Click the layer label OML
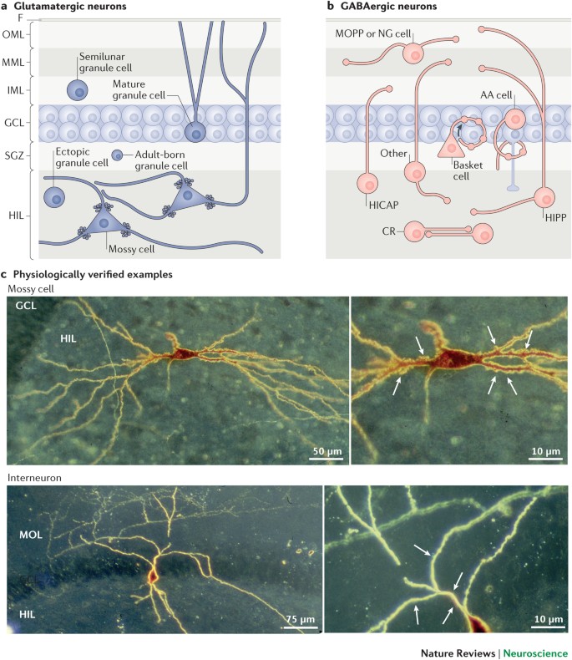[x=16, y=34]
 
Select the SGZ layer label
[x=16, y=155]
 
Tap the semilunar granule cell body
[x=80, y=91]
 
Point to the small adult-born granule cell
[x=117, y=155]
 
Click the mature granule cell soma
[x=195, y=130]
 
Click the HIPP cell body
[x=545, y=198]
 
